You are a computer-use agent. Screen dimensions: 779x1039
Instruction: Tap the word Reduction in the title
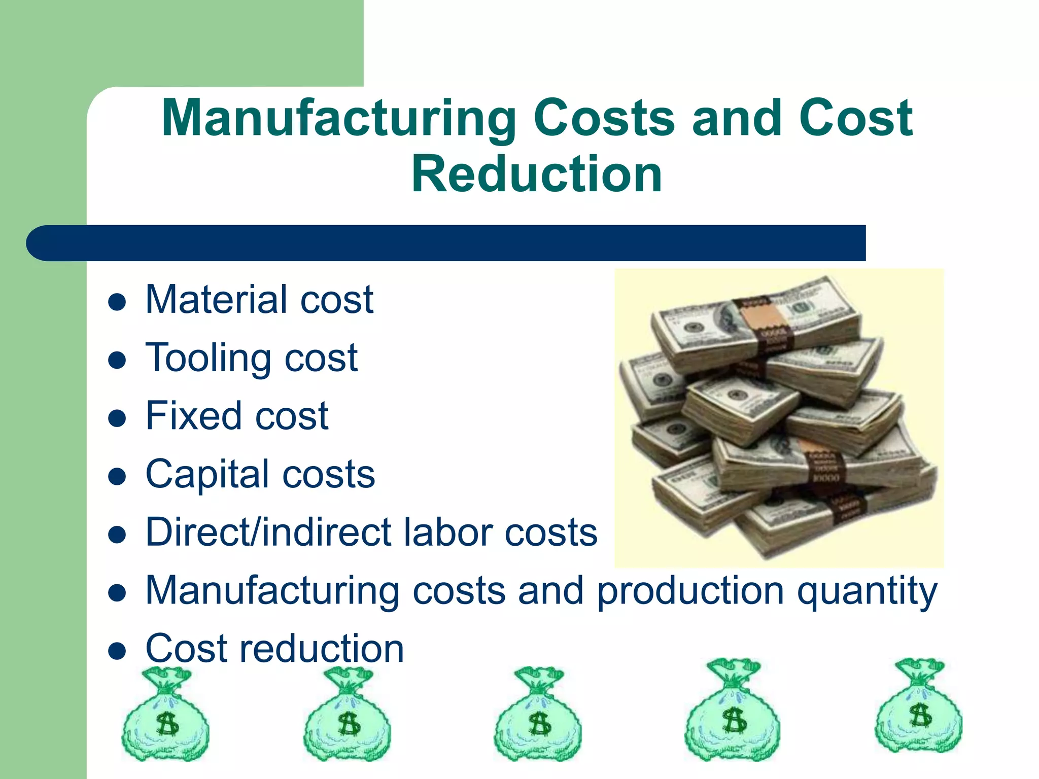point(537,174)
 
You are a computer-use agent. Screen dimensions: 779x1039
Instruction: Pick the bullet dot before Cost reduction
point(117,651)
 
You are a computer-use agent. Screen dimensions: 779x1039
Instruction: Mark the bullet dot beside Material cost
point(117,303)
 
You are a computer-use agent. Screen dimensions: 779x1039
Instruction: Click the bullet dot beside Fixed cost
point(117,419)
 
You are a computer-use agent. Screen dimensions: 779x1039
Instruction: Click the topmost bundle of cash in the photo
point(756,320)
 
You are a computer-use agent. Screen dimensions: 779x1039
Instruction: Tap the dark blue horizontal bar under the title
point(446,243)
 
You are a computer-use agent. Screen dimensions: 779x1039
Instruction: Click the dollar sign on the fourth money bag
point(734,721)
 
